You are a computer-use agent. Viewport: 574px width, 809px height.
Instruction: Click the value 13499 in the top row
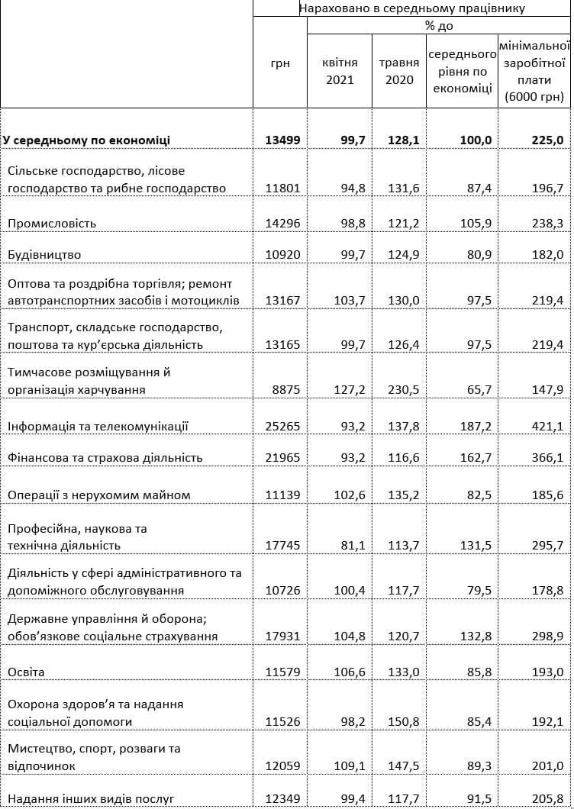point(283,140)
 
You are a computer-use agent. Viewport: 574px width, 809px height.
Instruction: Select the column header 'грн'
point(280,64)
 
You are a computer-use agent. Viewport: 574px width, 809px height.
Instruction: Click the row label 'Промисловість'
point(51,224)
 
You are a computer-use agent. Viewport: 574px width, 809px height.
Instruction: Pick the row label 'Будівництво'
point(44,254)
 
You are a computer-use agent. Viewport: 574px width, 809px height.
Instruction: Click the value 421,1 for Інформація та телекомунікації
point(547,427)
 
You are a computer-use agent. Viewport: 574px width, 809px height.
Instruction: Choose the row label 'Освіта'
point(27,672)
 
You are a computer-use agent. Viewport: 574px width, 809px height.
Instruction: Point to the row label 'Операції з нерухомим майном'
point(99,495)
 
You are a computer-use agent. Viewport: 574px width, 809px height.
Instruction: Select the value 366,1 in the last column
point(547,457)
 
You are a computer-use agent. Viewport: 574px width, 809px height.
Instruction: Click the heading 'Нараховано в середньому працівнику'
point(412,8)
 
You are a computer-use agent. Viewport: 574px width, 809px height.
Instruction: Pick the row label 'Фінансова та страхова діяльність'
point(105,457)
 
